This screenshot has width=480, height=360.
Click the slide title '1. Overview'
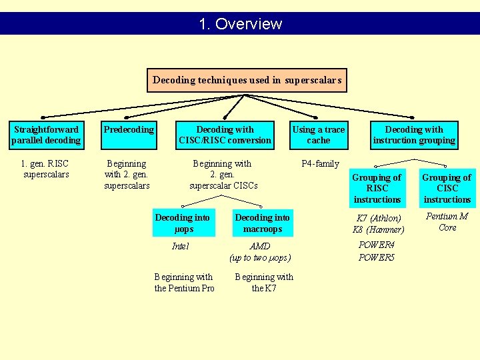240,24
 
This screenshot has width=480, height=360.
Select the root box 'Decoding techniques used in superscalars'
247,80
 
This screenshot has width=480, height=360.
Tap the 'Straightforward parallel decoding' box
46,135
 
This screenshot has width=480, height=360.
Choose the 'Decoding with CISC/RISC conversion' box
225,135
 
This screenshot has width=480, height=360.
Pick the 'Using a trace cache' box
318,135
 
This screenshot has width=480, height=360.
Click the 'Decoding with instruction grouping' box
414,135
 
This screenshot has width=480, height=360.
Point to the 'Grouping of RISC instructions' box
377,188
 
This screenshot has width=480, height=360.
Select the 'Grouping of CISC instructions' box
447,188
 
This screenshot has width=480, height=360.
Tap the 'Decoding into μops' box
183,223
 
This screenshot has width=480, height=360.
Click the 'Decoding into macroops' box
263,223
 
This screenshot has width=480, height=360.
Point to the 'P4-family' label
320,163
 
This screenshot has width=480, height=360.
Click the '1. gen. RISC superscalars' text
45,169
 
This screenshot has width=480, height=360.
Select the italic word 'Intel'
180,246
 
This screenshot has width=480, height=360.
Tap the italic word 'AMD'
260,246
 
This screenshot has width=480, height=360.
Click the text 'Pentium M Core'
447,221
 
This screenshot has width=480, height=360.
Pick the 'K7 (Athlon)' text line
379,218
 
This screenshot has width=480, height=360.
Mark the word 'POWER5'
377,257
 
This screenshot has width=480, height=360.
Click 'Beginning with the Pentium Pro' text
184,282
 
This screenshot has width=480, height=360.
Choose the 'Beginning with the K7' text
264,282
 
